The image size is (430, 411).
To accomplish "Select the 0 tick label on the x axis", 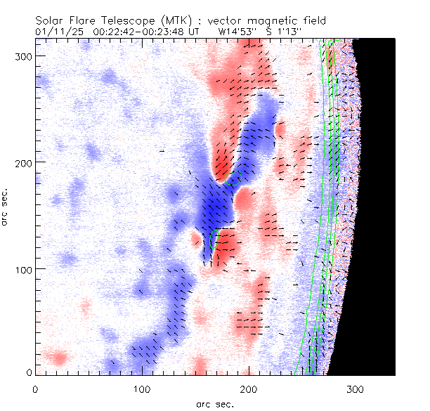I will coord(35,389).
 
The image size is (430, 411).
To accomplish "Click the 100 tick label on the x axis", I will coord(143,389).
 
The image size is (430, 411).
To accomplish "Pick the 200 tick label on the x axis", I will coord(249,389).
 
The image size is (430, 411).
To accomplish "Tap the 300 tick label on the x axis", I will coord(357,389).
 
